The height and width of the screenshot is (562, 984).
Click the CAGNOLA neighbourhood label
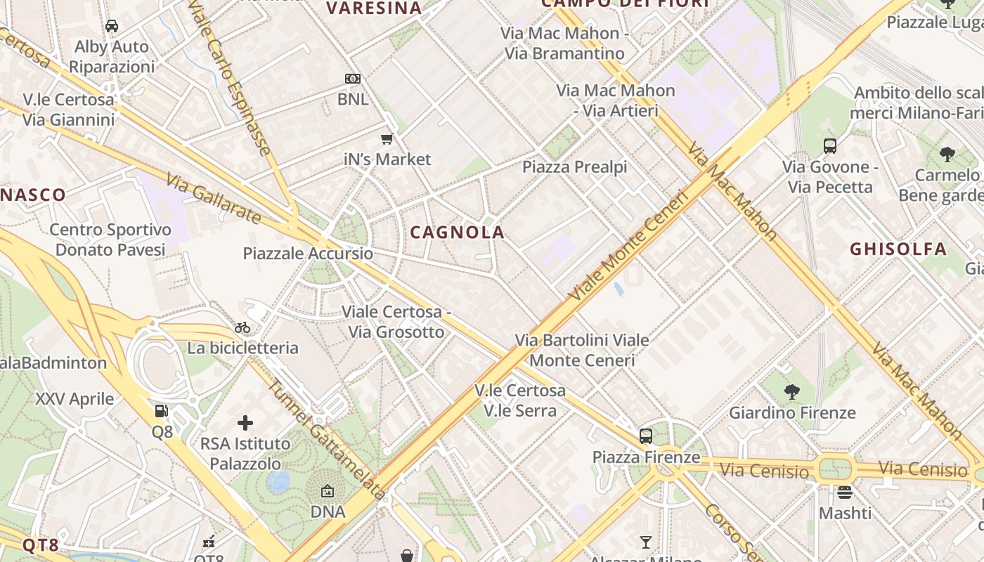tap(457, 233)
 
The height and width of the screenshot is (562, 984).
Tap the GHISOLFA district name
tap(898, 249)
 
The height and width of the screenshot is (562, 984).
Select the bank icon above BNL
tap(353, 79)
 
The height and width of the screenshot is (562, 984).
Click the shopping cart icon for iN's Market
tap(387, 138)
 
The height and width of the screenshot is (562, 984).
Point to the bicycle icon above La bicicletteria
tap(242, 327)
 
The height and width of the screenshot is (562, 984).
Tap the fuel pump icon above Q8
tap(162, 411)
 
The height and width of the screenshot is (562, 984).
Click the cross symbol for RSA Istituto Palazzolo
tap(245, 423)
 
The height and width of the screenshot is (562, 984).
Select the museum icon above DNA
tap(328, 491)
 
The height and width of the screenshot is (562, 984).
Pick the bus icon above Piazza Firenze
tap(646, 436)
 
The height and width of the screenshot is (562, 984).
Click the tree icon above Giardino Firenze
tap(792, 391)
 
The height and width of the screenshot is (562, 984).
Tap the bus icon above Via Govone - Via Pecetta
tap(830, 146)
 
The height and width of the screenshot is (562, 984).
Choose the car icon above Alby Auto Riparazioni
tap(111, 26)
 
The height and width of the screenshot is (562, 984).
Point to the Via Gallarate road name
tap(214, 200)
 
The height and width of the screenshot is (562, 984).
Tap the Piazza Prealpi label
tap(574, 167)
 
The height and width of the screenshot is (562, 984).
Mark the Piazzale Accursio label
tap(308, 254)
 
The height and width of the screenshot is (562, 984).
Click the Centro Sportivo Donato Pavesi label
tap(110, 240)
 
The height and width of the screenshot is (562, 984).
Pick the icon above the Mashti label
tap(845, 492)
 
